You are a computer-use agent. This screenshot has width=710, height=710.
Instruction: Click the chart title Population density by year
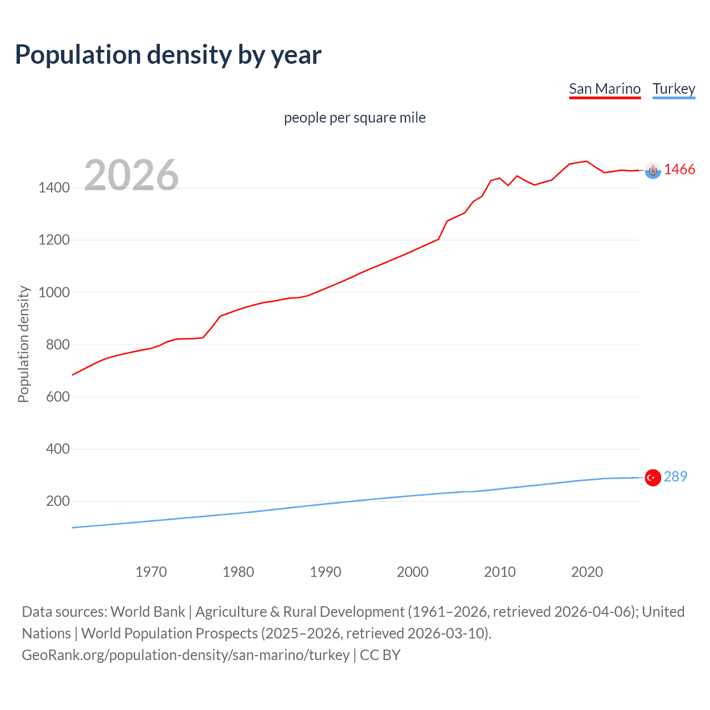(168, 55)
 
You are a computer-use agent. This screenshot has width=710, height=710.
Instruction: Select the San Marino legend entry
(605, 89)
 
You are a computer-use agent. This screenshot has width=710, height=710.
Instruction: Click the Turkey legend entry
(673, 89)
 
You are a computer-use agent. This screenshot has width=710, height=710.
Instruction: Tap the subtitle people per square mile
(354, 118)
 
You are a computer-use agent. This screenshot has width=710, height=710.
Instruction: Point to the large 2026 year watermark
(131, 175)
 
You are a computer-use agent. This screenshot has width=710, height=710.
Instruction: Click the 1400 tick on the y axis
(54, 188)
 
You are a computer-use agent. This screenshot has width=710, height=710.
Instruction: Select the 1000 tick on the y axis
(54, 292)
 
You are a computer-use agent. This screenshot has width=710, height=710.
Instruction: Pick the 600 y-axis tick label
(58, 397)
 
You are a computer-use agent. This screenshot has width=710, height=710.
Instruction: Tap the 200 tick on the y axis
(58, 501)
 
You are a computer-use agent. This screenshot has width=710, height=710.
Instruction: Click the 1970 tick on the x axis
(151, 572)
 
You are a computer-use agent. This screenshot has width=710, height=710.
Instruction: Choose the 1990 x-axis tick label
(326, 572)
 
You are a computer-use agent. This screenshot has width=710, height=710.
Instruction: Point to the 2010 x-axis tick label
(500, 572)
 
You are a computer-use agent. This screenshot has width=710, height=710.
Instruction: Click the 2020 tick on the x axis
(587, 572)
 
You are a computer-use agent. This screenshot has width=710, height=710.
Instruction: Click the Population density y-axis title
(23, 344)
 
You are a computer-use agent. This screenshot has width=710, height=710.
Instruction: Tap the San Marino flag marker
(653, 170)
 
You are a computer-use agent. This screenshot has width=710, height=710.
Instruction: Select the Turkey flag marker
(653, 478)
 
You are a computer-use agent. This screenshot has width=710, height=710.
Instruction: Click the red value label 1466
(679, 170)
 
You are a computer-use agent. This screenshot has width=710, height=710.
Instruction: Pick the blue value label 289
(675, 476)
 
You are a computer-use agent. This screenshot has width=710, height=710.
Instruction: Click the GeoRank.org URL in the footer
(186, 655)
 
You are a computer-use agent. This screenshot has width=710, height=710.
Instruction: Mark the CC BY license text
(380, 655)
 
